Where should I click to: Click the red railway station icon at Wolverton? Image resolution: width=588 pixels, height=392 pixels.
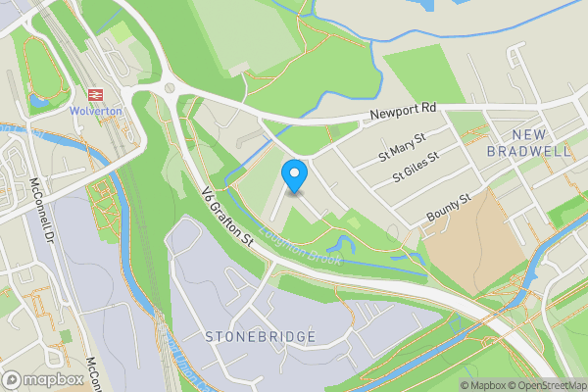(x=95, y=94)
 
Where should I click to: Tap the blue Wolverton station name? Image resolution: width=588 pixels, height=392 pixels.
(x=95, y=111)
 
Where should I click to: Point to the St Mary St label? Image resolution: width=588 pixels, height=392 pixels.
(x=402, y=150)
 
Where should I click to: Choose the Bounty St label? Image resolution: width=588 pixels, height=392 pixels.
(x=449, y=208)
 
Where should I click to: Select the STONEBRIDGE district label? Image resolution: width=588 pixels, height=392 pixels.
(x=261, y=337)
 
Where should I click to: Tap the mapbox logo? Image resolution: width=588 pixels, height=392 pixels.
(x=43, y=379)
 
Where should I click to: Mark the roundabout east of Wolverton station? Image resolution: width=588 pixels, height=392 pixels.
(x=171, y=88)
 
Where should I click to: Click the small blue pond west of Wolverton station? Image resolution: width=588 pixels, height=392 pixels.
(x=39, y=100)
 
